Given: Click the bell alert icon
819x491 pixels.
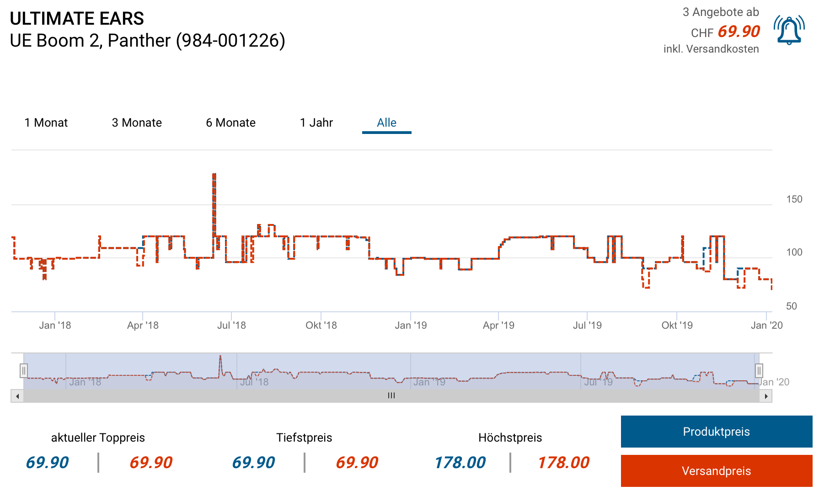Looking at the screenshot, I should tap(789, 30).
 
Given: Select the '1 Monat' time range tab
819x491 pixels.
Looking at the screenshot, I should tap(46, 123).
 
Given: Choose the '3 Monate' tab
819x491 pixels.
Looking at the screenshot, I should tap(137, 123).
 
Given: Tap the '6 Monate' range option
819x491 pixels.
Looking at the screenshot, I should tap(230, 123).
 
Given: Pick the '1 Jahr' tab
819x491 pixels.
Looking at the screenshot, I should tap(316, 123).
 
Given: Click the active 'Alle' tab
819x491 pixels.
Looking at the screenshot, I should tap(386, 123).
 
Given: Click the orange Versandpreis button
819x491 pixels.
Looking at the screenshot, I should tap(716, 471).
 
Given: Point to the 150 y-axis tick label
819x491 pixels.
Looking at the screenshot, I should tap(794, 199).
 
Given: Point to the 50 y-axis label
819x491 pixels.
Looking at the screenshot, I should tap(792, 306).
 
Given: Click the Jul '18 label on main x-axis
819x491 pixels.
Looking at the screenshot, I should tap(231, 326).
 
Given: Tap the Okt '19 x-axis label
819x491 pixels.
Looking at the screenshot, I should tap(677, 326).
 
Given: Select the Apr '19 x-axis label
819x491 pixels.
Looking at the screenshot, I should tap(498, 326).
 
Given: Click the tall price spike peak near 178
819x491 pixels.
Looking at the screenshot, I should tap(214, 175).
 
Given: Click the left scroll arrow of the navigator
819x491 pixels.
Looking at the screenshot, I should tap(17, 396).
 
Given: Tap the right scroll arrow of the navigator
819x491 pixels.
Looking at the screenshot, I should tap(766, 396).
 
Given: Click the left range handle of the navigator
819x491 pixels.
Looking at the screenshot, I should tap(24, 370).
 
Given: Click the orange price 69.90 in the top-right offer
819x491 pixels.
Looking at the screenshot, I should tap(739, 32).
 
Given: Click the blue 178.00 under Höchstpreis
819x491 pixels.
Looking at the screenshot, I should tap(460, 463).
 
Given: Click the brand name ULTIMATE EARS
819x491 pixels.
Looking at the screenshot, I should tap(77, 19).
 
